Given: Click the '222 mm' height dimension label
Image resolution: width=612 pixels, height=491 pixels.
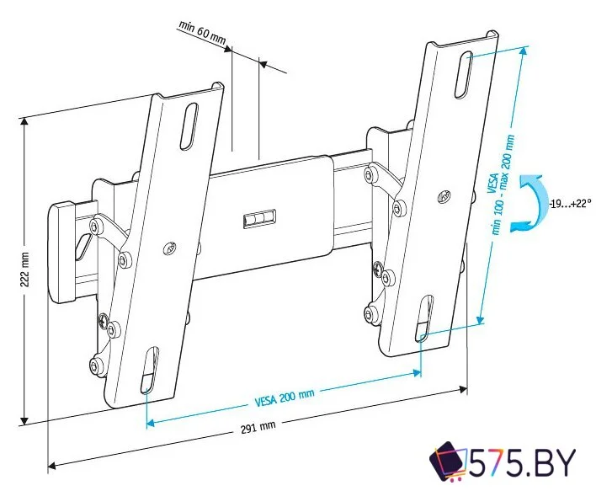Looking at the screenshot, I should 25,271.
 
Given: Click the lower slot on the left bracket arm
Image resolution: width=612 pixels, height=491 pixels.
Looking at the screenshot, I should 149,371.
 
